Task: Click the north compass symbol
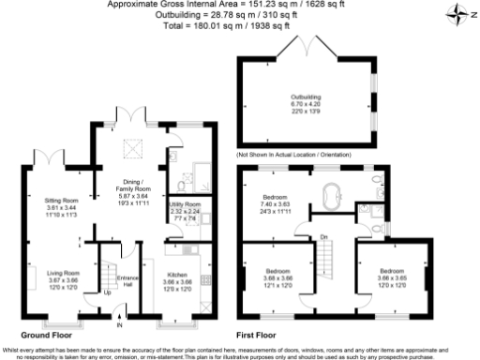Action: pyautogui.click(x=457, y=12)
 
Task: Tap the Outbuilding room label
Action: pyautogui.click(x=305, y=100)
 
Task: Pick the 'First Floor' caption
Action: pyautogui.click(x=258, y=335)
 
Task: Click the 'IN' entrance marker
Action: pyautogui.click(x=119, y=327)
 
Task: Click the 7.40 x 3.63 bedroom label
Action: pyautogui.click(x=276, y=203)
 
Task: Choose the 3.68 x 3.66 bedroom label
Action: pyautogui.click(x=277, y=277)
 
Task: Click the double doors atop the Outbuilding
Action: pyautogui.click(x=305, y=45)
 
